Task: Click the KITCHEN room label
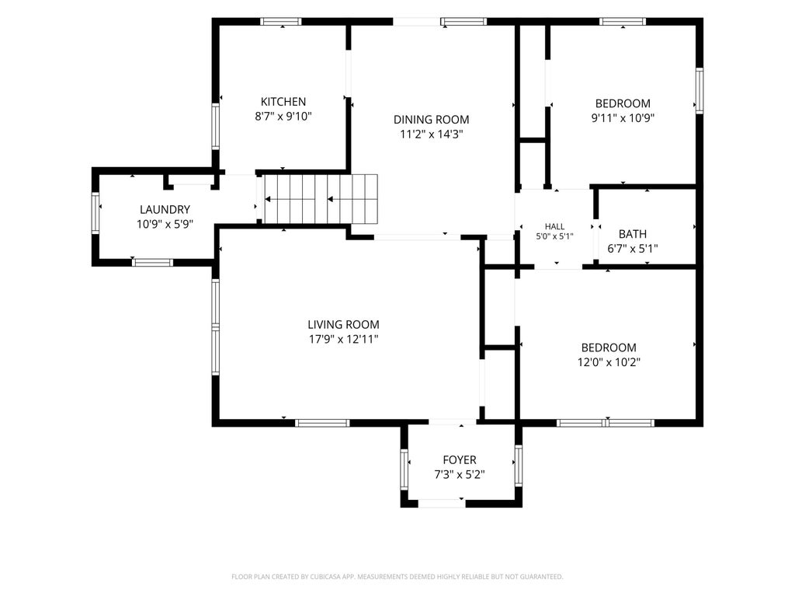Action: click(x=283, y=102)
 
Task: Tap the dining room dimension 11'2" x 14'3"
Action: click(x=432, y=134)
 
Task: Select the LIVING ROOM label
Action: click(x=343, y=324)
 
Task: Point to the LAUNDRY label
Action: click(x=165, y=209)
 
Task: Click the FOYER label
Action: click(x=460, y=460)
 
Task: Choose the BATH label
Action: click(x=632, y=234)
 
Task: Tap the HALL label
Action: click(x=554, y=226)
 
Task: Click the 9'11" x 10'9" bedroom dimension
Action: click(x=623, y=118)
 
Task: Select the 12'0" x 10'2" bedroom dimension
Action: click(x=609, y=362)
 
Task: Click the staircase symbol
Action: click(x=321, y=199)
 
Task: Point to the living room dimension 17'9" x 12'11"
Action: click(x=344, y=339)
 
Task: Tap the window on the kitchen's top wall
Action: click(x=281, y=21)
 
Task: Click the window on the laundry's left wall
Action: click(x=95, y=213)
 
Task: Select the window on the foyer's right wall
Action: click(x=518, y=466)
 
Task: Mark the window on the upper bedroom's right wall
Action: click(x=700, y=90)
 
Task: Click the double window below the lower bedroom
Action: click(x=606, y=423)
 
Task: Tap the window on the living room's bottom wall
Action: click(x=322, y=423)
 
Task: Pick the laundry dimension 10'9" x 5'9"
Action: click(x=165, y=224)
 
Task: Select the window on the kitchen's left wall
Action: click(x=216, y=127)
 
